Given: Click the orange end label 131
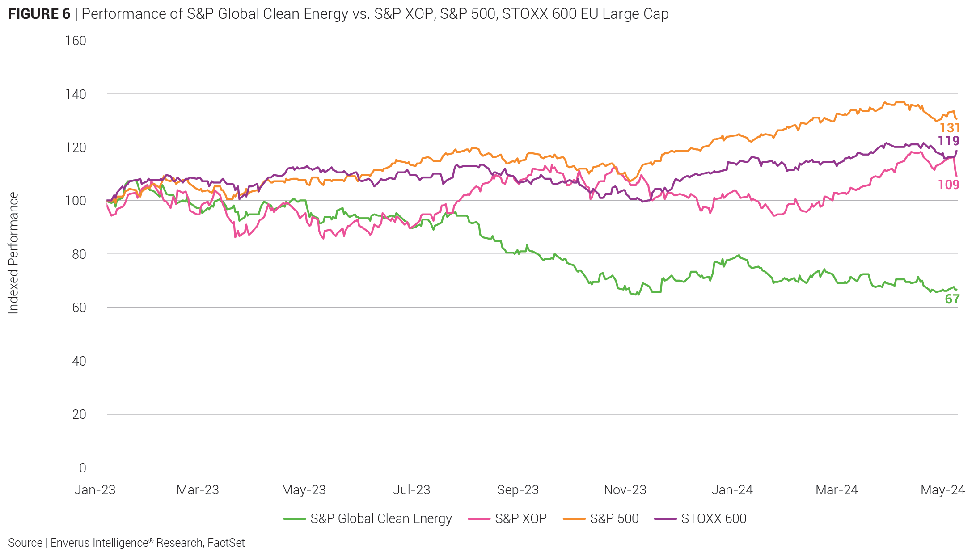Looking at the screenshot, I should pyautogui.click(x=950, y=128).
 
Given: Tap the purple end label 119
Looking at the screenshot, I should pyautogui.click(x=948, y=141).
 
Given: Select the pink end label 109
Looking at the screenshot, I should pyautogui.click(x=948, y=185).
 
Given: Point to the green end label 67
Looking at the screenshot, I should pyautogui.click(x=952, y=299).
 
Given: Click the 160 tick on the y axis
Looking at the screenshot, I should pyautogui.click(x=76, y=41).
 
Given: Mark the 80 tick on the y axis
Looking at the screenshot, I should pyautogui.click(x=79, y=254).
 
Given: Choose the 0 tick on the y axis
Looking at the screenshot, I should pyautogui.click(x=82, y=468).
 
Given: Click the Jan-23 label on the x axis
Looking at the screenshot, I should pyautogui.click(x=95, y=490).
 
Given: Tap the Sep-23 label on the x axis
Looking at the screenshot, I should pyautogui.click(x=518, y=490).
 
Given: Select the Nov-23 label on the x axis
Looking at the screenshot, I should pyautogui.click(x=625, y=490).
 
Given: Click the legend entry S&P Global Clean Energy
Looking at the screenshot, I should pyautogui.click(x=381, y=518).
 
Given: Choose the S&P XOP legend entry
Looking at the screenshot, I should pyautogui.click(x=520, y=518).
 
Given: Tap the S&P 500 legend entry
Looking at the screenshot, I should pyautogui.click(x=614, y=518).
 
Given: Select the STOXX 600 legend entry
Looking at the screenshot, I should pyautogui.click(x=714, y=518).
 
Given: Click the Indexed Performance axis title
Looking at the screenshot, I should pyautogui.click(x=13, y=253).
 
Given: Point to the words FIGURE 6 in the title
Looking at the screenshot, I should pyautogui.click(x=39, y=14).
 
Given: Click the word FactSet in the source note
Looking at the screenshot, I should pyautogui.click(x=226, y=543).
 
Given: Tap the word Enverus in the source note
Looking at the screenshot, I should pyautogui.click(x=69, y=543).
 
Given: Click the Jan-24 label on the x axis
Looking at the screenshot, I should pyautogui.click(x=732, y=490).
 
